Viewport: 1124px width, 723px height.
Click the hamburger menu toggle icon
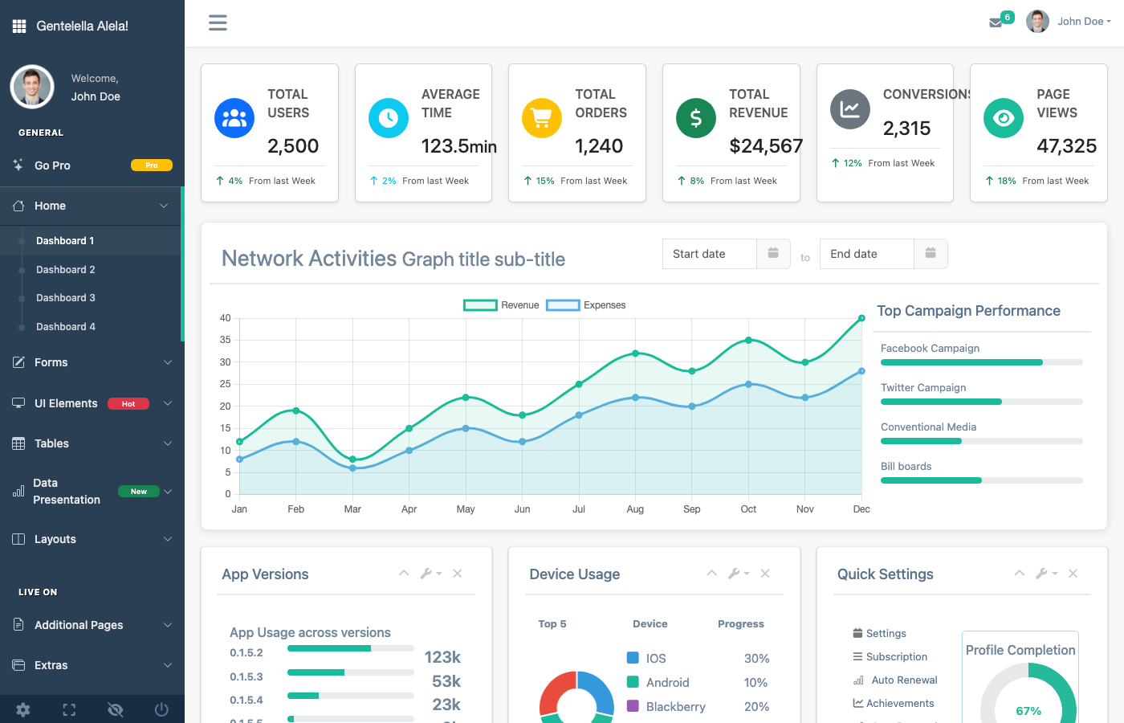[218, 22]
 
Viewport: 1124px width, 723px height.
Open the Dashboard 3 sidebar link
[65, 298]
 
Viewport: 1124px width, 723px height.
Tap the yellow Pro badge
[152, 165]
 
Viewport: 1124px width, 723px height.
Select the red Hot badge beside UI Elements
[128, 404]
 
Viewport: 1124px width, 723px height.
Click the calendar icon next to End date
[931, 254]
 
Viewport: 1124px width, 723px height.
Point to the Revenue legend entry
[502, 305]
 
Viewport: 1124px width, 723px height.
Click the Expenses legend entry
[586, 305]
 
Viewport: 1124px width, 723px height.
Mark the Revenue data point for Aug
[636, 353]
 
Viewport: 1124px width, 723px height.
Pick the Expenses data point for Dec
[861, 371]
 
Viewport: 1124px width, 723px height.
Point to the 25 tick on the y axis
[226, 384]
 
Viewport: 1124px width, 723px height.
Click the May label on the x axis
[466, 509]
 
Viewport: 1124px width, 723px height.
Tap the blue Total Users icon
[234, 118]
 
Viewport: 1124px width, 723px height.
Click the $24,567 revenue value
[766, 146]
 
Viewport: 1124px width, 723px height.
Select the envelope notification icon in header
[996, 22]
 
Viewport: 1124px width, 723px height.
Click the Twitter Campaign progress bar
[981, 402]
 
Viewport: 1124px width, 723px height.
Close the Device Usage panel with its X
[765, 574]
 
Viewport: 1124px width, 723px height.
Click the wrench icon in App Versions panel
[426, 574]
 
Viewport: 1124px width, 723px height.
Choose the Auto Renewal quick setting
[904, 680]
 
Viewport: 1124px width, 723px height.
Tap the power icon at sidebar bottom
[161, 709]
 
